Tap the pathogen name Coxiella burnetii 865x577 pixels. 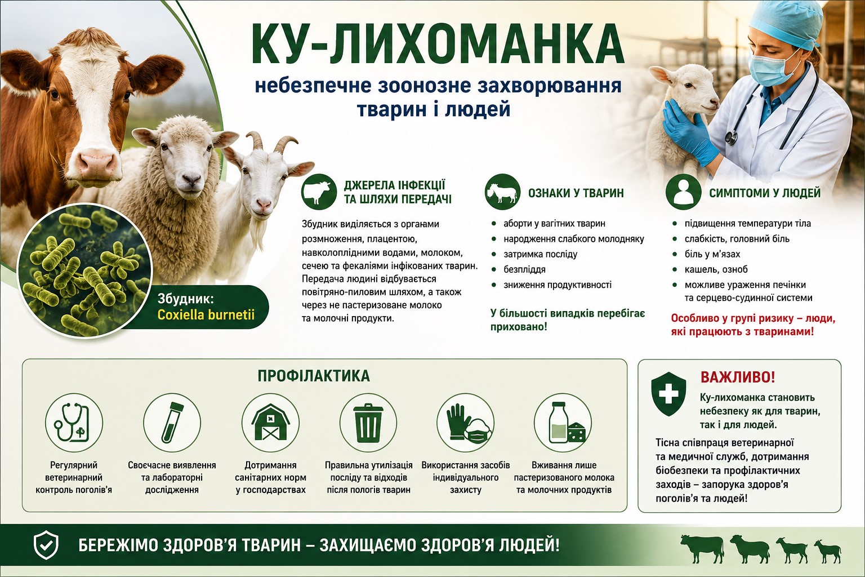(206, 314)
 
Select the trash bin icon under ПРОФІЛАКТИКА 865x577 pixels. (368, 423)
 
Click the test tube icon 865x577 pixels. (172, 423)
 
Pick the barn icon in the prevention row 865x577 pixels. (270, 423)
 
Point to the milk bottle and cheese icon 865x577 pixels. (565, 423)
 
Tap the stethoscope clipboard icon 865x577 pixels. (73, 423)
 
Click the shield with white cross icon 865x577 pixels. (668, 394)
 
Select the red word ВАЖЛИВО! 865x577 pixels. (738, 378)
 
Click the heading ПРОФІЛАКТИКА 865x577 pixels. (314, 376)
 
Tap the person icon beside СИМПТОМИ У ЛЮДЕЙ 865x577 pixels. (683, 192)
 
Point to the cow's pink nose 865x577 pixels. (97, 162)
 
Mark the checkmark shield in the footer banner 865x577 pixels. (46, 545)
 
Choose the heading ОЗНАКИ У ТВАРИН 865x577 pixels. (576, 193)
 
